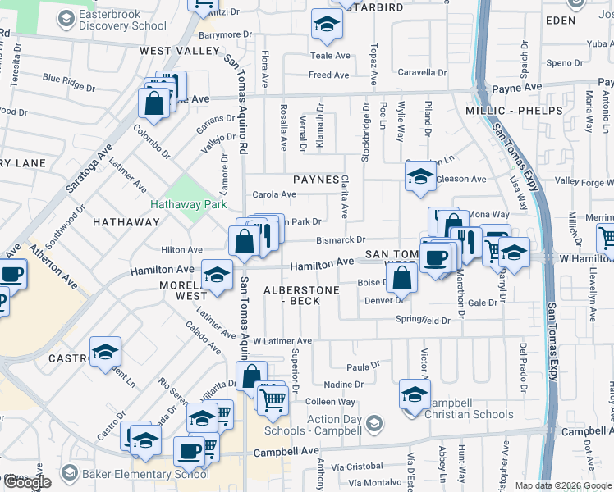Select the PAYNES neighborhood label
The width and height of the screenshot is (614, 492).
[x=316, y=180]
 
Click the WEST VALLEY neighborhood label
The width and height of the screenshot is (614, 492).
[x=168, y=51]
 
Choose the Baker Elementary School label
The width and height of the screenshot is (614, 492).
[x=134, y=473]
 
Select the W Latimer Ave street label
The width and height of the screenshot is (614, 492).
[x=282, y=340]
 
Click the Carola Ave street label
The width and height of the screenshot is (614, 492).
[x=274, y=194]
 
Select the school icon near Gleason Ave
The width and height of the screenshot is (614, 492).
[x=420, y=176]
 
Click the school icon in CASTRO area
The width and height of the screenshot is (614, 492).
[x=106, y=353]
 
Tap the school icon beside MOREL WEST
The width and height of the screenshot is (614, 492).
[x=217, y=276]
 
